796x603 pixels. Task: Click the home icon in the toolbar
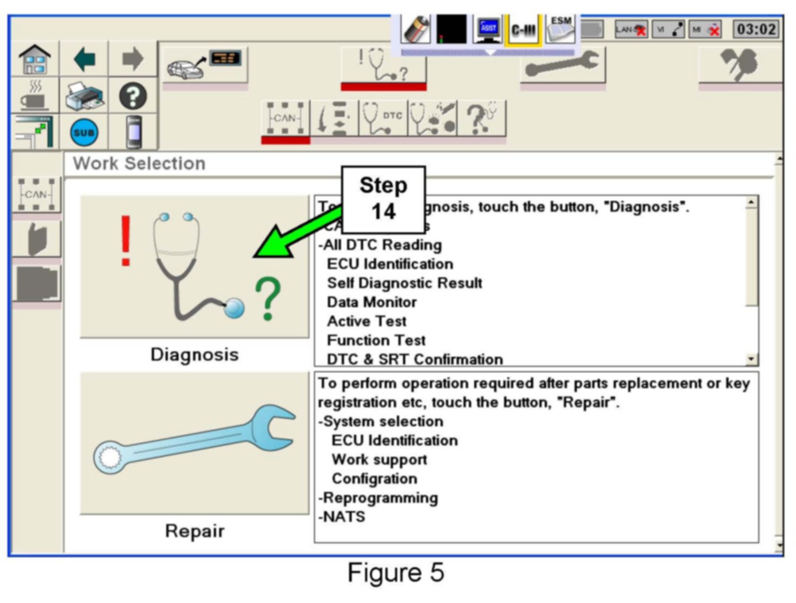point(35,59)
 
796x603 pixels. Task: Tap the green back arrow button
point(84,59)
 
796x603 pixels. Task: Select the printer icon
point(84,96)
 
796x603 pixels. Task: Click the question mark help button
point(133,96)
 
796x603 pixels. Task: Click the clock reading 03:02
point(756,29)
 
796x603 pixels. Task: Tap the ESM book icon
point(561,29)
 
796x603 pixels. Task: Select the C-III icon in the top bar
point(523,30)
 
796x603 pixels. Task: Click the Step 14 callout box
point(383,199)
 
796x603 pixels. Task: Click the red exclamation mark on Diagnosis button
point(126,240)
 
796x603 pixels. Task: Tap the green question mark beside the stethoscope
point(267,299)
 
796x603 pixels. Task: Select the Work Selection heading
point(139,163)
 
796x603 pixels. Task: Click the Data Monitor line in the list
point(372,302)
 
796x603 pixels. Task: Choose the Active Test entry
point(367,322)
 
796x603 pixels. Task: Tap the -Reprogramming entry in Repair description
point(378,498)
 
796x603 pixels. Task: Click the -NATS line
point(342,517)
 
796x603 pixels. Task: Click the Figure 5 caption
point(396,573)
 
